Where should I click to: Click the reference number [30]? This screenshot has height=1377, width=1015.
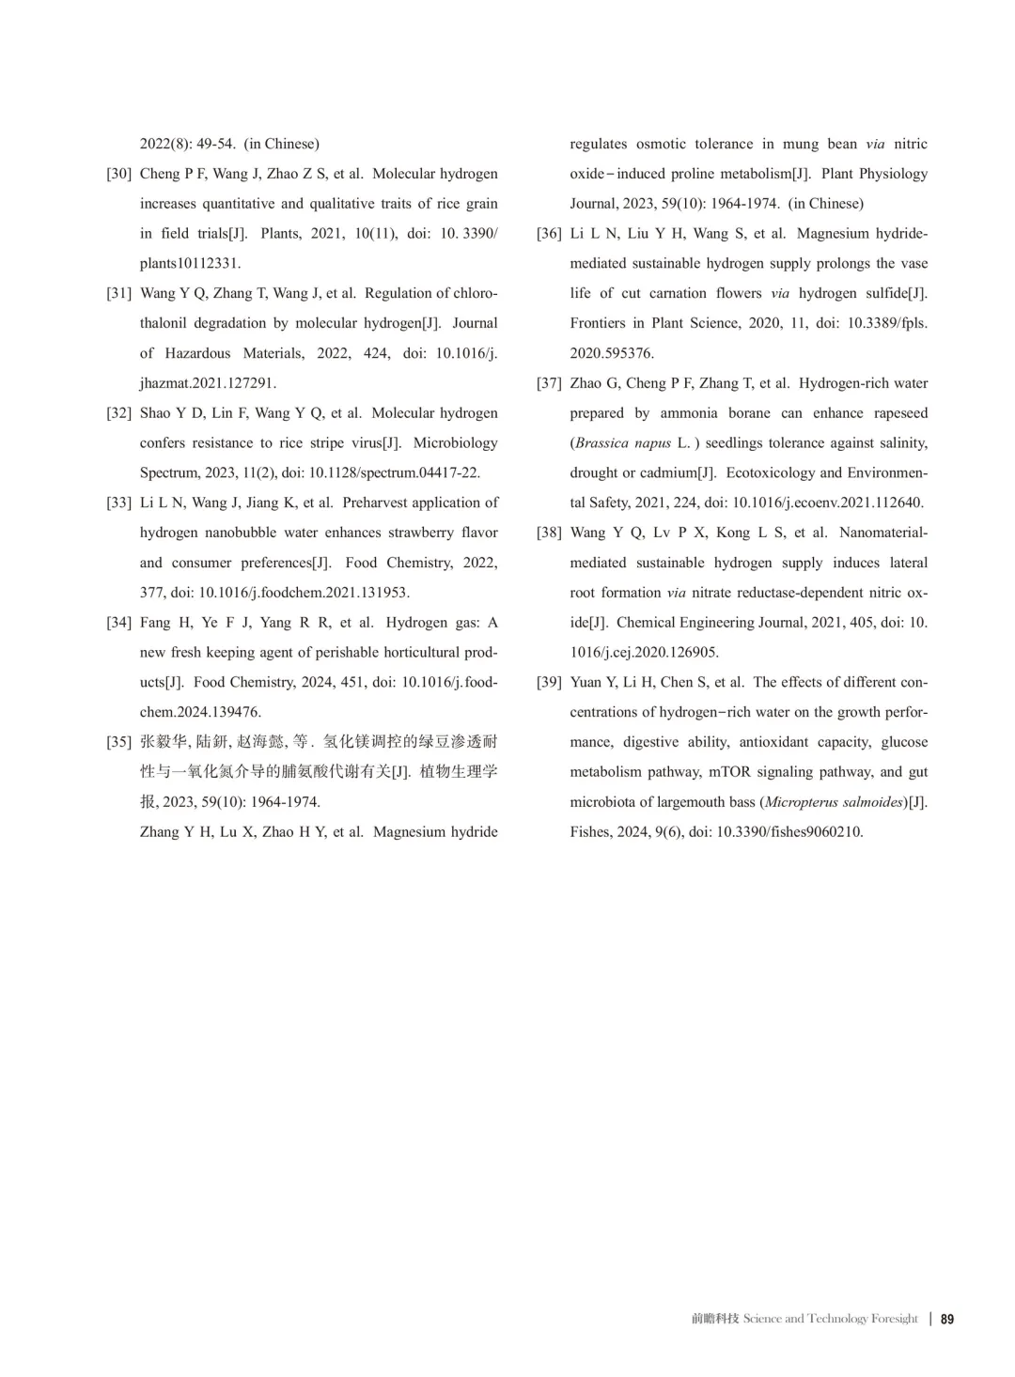(x=118, y=174)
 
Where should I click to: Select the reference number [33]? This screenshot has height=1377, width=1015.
(x=118, y=503)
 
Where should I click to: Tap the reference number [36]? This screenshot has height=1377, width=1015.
(x=549, y=234)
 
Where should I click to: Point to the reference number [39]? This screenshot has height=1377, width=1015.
(x=549, y=682)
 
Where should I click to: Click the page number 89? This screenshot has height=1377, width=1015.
(x=947, y=1319)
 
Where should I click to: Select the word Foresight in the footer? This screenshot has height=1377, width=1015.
(x=894, y=1319)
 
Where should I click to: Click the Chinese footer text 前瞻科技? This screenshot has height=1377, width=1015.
(x=715, y=1319)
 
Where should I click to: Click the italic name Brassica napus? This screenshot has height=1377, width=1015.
(x=620, y=442)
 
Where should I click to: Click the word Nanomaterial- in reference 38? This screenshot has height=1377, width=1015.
(x=882, y=533)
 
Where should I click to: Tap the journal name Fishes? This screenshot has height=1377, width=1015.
(x=589, y=832)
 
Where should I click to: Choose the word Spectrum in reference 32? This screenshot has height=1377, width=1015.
(x=168, y=472)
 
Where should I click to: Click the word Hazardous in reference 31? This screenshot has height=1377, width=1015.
(x=197, y=353)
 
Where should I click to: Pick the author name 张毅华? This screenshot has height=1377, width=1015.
(x=164, y=742)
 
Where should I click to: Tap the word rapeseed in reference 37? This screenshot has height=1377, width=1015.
(x=900, y=413)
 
